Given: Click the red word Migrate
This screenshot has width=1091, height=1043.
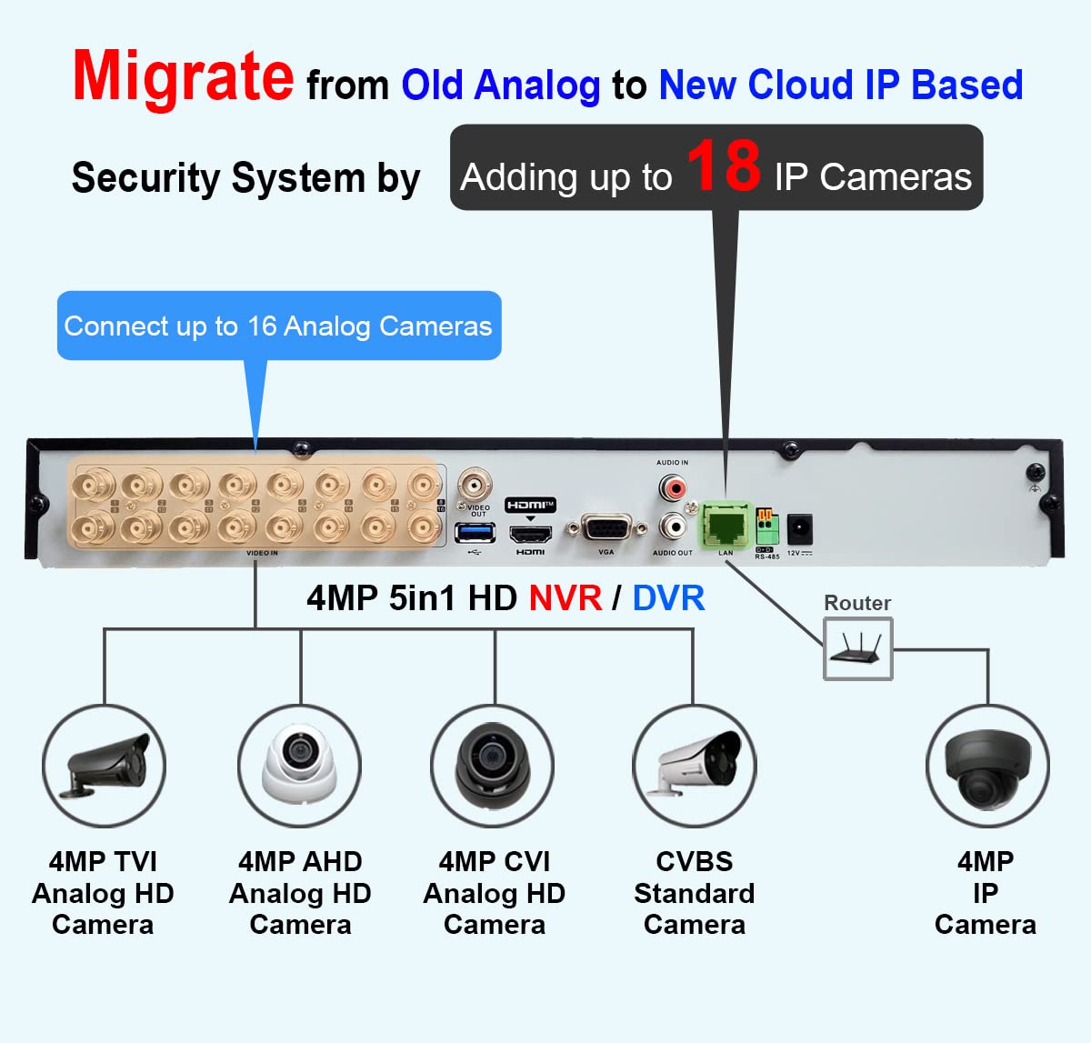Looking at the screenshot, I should [x=183, y=76].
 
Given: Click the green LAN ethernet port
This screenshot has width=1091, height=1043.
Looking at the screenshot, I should [x=725, y=525].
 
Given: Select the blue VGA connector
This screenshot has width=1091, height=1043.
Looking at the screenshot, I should [x=606, y=529].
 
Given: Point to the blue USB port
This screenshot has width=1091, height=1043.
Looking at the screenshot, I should [x=475, y=531].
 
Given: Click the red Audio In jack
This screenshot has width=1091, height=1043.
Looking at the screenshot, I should [x=674, y=488].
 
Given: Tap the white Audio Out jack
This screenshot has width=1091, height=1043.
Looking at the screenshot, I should [x=674, y=527].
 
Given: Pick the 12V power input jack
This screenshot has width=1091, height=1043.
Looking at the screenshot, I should [x=799, y=527].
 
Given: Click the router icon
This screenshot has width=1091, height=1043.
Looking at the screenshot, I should [x=857, y=648].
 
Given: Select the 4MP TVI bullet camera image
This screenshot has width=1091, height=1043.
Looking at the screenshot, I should [x=104, y=766].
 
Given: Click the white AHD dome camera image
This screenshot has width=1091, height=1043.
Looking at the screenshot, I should [x=300, y=766].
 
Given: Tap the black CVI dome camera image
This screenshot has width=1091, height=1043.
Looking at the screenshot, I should [x=493, y=766].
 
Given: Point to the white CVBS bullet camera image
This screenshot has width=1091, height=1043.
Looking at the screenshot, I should [x=695, y=766].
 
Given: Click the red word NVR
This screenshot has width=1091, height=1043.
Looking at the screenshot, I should [x=566, y=598].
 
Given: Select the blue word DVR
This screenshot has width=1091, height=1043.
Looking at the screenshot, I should [x=668, y=598].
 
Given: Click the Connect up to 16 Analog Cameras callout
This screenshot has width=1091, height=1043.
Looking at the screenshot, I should [x=278, y=326].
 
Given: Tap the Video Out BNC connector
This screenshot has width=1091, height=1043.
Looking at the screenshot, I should [x=475, y=483].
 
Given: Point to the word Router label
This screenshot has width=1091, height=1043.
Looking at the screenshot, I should [x=856, y=603].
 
